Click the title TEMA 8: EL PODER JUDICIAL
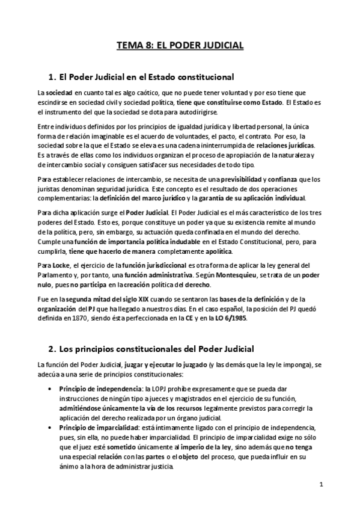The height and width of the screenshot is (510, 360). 180,45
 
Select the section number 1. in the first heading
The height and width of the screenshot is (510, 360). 51,77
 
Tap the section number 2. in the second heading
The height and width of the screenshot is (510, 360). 51,348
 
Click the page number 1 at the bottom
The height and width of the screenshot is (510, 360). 322,484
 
